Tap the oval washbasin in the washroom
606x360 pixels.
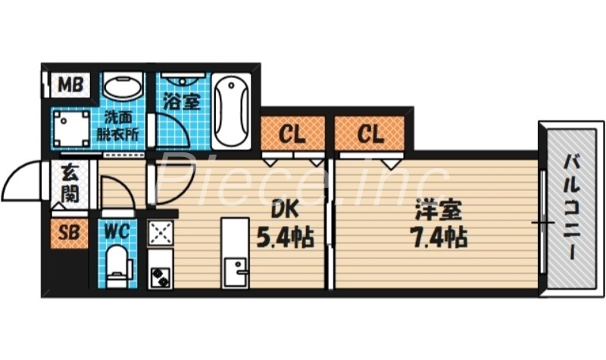pos(121,86)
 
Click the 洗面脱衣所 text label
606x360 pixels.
pos(121,125)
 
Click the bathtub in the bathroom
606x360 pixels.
pos(231,111)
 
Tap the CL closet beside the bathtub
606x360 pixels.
pos(292,135)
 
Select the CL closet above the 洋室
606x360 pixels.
pos(370,135)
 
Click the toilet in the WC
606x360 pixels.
pos(119,268)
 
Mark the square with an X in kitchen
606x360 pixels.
pos(160,233)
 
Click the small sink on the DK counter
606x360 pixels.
pos(236,270)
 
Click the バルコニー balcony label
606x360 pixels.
pos(569,206)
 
